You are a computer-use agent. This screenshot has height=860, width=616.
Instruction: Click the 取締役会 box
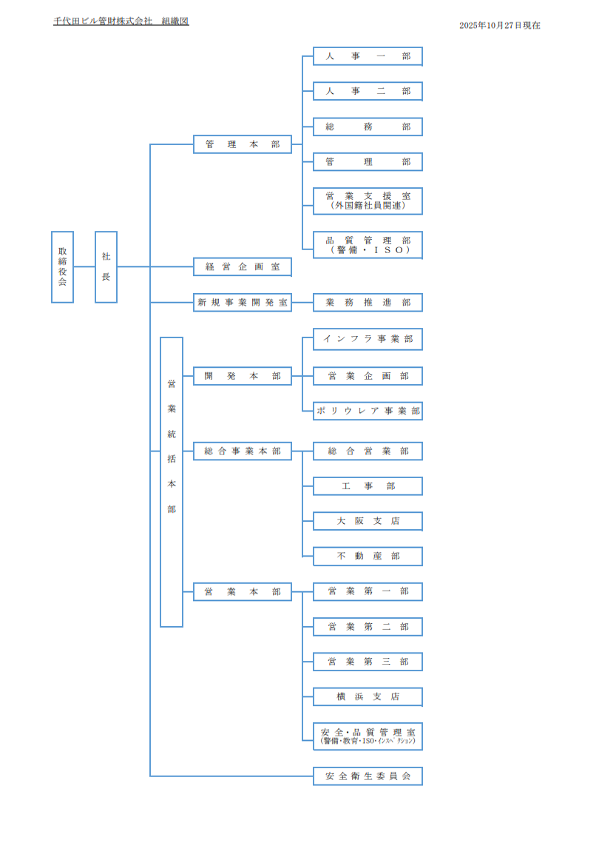tap(62, 266)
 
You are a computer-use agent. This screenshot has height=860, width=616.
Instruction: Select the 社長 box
tap(106, 266)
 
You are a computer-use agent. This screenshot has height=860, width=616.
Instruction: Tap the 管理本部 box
tap(243, 144)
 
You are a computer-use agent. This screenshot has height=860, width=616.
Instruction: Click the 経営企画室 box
tap(243, 267)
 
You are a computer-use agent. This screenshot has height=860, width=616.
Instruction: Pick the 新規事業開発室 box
tap(243, 302)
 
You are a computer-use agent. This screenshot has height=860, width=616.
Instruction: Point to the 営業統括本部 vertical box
tap(172, 482)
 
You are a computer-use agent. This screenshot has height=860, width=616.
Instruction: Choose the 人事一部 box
tap(368, 56)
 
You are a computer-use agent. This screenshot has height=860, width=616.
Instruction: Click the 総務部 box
tap(368, 127)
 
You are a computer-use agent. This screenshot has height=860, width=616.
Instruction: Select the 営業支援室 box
tap(368, 201)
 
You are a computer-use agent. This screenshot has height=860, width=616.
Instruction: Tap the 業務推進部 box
tap(368, 302)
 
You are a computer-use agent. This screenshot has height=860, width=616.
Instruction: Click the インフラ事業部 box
tap(368, 339)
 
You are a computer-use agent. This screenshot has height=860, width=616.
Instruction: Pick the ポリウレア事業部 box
tap(368, 411)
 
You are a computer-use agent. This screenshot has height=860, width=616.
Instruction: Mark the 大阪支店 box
tap(368, 521)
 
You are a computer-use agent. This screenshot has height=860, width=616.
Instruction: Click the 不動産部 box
tap(368, 557)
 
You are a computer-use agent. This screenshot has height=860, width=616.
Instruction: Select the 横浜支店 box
tap(368, 697)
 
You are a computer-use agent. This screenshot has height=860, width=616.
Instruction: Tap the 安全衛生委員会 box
tap(368, 776)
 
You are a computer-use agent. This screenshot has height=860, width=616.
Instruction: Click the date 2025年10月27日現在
tap(499, 25)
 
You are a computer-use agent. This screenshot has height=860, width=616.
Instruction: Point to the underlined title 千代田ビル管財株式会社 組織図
tap(121, 21)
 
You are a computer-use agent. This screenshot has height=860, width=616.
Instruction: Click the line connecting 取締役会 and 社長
tap(84, 266)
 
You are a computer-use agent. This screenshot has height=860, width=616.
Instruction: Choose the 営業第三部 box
tap(368, 662)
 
